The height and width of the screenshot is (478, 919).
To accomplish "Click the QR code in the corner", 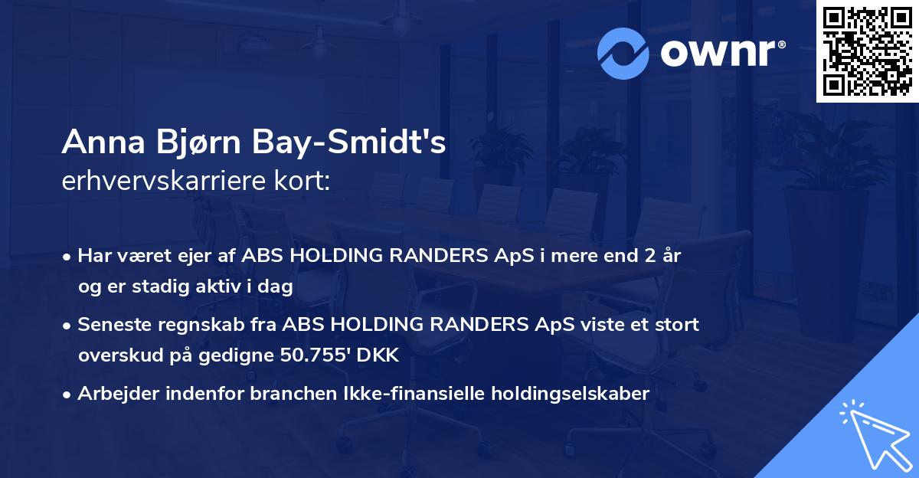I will click(x=868, y=51).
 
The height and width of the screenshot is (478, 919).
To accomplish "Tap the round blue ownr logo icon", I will click(x=623, y=53).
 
